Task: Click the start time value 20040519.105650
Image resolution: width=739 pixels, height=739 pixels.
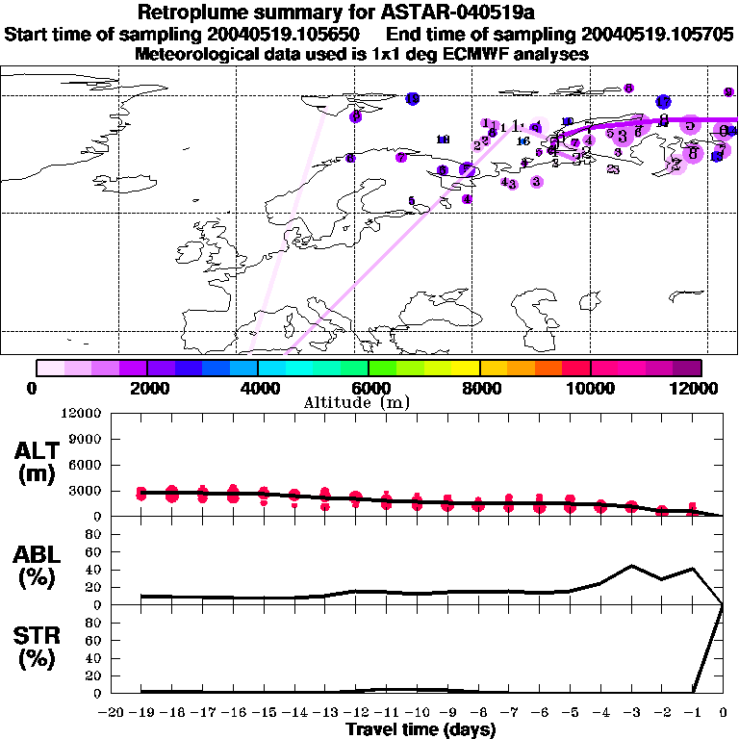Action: (287, 35)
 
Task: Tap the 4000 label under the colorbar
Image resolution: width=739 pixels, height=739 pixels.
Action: (258, 388)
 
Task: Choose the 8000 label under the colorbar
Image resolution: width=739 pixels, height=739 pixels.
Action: (479, 388)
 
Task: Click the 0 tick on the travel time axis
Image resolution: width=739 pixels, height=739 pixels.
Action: (724, 713)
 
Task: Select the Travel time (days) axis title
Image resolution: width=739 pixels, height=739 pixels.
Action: (420, 730)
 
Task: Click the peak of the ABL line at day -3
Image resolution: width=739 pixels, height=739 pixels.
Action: (631, 566)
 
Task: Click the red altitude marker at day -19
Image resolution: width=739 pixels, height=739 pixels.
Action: (141, 494)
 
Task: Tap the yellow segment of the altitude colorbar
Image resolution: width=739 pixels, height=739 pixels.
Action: (466, 367)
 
